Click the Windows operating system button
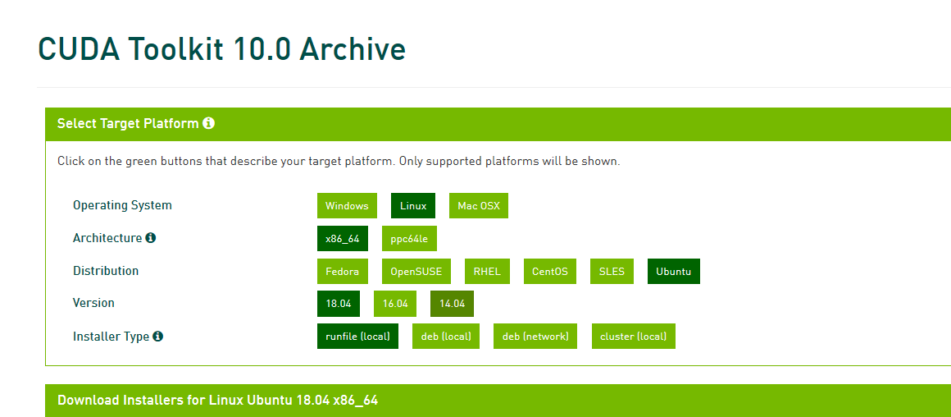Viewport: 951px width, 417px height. click(x=347, y=206)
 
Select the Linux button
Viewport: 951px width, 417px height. click(x=413, y=206)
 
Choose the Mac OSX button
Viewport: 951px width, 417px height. click(x=479, y=206)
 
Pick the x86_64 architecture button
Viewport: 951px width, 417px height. click(x=343, y=239)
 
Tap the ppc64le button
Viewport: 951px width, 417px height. click(x=409, y=239)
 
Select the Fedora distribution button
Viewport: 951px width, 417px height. click(x=343, y=272)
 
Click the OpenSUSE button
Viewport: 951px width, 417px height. click(x=416, y=272)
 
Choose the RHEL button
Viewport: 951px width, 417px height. click(x=488, y=272)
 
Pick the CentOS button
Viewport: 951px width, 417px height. click(x=550, y=272)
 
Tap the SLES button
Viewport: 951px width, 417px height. click(x=612, y=272)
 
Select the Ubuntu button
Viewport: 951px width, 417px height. click(x=674, y=272)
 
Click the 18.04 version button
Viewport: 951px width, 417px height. click(x=339, y=304)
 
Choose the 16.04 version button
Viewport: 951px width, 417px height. click(x=395, y=304)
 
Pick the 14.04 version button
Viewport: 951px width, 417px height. click(x=452, y=304)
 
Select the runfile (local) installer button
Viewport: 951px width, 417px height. click(x=357, y=337)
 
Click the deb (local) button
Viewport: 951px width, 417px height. click(x=446, y=337)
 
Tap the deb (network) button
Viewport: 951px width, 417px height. click(x=535, y=337)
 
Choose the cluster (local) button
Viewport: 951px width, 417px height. click(x=634, y=337)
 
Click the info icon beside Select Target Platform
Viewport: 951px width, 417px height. click(x=208, y=123)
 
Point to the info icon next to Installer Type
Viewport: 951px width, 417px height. click(x=157, y=337)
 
